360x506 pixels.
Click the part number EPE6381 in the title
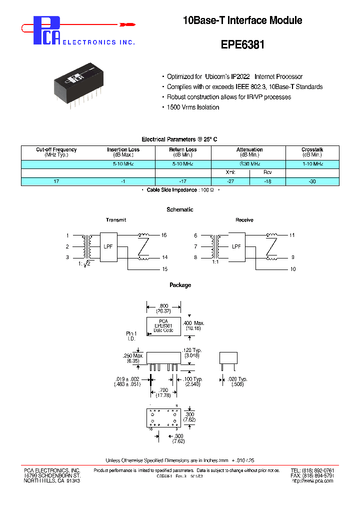tap(242, 44)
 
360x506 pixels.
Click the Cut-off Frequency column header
tap(56, 152)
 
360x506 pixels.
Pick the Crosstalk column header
tap(312, 152)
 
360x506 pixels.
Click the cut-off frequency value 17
tap(56, 181)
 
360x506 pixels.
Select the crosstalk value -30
tap(312, 181)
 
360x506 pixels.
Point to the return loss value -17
tap(183, 181)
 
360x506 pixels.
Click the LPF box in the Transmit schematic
tap(108, 246)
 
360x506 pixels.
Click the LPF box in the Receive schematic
tap(236, 246)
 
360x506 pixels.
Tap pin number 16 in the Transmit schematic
tap(164, 235)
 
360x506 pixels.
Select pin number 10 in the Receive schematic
tap(293, 269)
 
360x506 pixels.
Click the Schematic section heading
tap(180, 209)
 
